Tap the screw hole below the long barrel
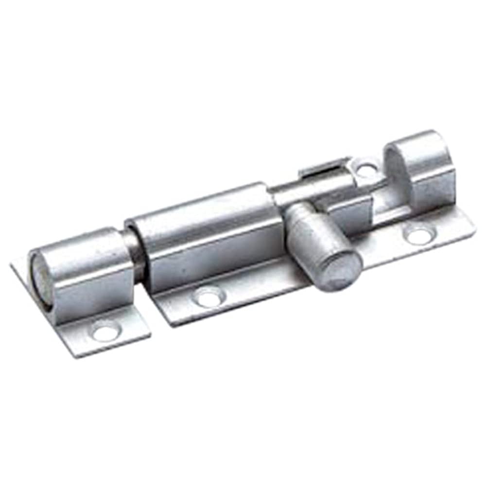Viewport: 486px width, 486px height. pos(208,296)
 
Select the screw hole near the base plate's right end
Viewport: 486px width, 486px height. pos(418,236)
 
